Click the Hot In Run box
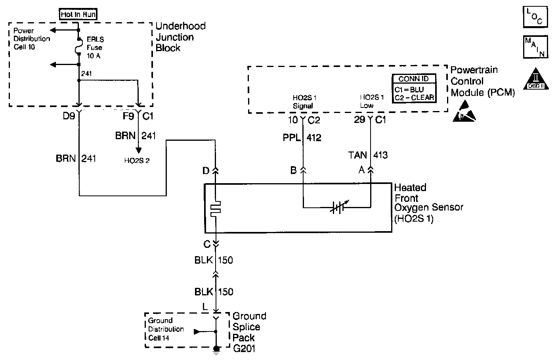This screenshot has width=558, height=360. (x=78, y=15)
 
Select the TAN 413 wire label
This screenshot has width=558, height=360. (x=368, y=155)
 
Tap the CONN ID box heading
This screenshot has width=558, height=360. (x=413, y=79)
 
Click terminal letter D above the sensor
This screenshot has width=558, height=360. (x=206, y=170)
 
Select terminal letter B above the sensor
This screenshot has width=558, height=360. (x=293, y=170)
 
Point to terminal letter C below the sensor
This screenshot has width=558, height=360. (x=207, y=244)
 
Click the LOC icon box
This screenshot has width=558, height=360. (x=535, y=16)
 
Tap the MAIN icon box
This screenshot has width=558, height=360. (x=535, y=47)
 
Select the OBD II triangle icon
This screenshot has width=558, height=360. (x=535, y=79)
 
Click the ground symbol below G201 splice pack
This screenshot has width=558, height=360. (x=216, y=350)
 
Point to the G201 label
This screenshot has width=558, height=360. (x=244, y=349)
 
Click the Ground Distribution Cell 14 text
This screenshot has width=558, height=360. (x=166, y=329)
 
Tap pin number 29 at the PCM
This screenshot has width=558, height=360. (x=359, y=119)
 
